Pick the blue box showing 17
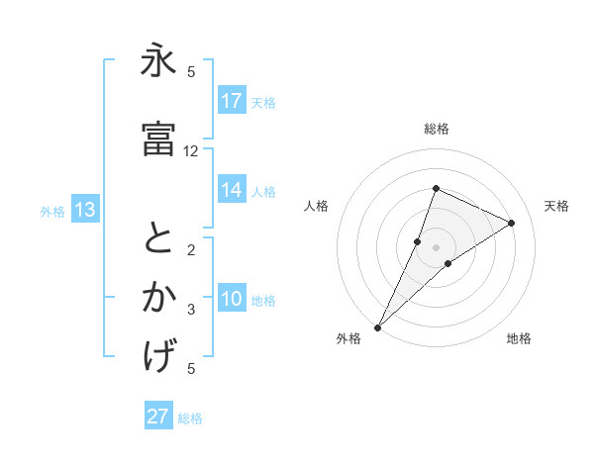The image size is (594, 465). click(x=232, y=101)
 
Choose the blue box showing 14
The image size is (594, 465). click(x=232, y=191)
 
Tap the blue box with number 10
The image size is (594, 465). click(x=232, y=300)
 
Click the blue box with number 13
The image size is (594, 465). click(x=84, y=210)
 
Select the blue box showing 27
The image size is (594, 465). click(x=158, y=417)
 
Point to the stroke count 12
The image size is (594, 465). click(x=191, y=151)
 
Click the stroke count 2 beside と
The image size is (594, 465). click(x=191, y=250)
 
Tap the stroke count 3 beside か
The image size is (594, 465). click(x=191, y=310)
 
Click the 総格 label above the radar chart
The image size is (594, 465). click(x=437, y=129)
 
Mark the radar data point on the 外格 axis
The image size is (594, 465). click(x=377, y=327)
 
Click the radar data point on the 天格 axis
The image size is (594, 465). click(x=512, y=223)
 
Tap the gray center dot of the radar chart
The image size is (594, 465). click(x=437, y=247)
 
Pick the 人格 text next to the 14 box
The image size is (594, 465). click(x=263, y=192)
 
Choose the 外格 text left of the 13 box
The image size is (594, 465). click(x=52, y=211)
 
